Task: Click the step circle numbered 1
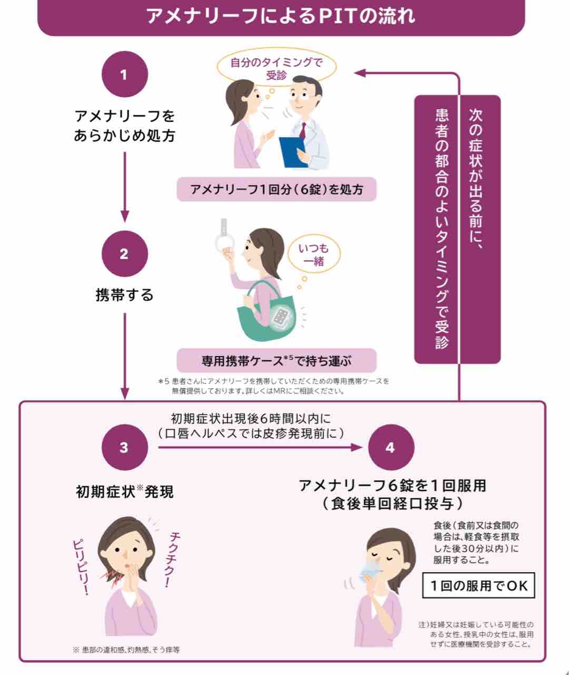(124, 74)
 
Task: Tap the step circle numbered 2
(124, 254)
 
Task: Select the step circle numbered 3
(124, 448)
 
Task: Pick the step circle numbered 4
(390, 448)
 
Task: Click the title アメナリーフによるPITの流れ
(281, 16)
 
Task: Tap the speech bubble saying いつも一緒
(314, 254)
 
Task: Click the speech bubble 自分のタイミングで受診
(276, 69)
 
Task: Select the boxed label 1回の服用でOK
(478, 585)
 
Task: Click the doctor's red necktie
(303, 130)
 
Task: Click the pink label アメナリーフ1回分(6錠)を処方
(277, 189)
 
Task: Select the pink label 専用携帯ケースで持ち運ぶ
(277, 361)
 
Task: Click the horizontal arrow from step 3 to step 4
(261, 448)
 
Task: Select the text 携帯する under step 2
(124, 294)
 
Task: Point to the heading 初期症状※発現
(124, 491)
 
